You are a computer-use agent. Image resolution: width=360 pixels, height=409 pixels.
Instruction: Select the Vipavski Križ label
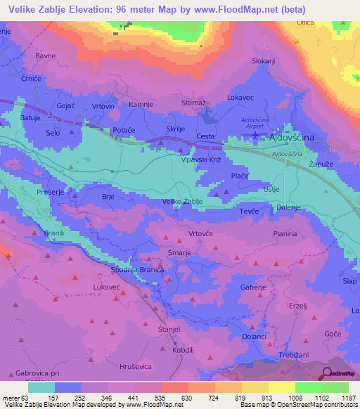coord(200,160)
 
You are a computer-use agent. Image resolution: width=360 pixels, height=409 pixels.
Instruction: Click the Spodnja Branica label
coord(138,270)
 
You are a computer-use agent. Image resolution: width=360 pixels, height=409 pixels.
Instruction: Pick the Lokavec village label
coord(240,98)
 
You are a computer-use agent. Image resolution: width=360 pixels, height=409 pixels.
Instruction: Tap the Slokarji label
coord(263,61)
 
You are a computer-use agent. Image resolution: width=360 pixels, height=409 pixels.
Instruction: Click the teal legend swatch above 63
coord(41,388)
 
